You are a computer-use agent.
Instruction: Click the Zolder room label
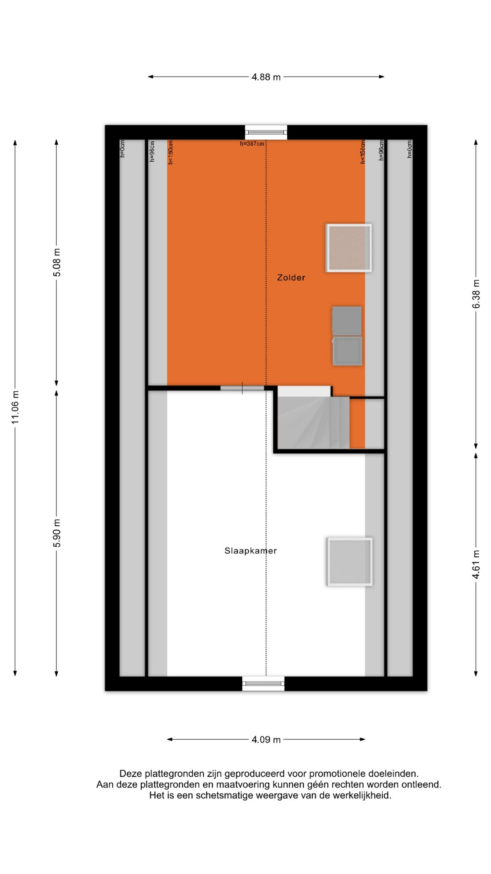tap(291, 277)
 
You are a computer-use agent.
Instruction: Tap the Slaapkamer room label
tap(251, 551)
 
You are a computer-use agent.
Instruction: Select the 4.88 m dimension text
tap(266, 77)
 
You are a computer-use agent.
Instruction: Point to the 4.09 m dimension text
tap(266, 739)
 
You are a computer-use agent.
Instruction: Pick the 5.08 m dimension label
tap(56, 263)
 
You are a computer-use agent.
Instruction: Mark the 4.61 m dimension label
tap(476, 564)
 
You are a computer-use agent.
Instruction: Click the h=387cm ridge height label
tap(252, 144)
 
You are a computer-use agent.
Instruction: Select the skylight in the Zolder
tap(349, 248)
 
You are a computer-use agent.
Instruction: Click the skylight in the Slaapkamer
tap(349, 562)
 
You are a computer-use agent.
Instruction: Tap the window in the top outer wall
tap(266, 132)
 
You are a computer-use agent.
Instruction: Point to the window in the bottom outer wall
tap(263, 683)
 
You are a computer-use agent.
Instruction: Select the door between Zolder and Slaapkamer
tap(242, 388)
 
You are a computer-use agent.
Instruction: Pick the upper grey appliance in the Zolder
tap(347, 321)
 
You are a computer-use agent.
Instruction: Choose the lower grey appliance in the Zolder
tap(347, 351)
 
